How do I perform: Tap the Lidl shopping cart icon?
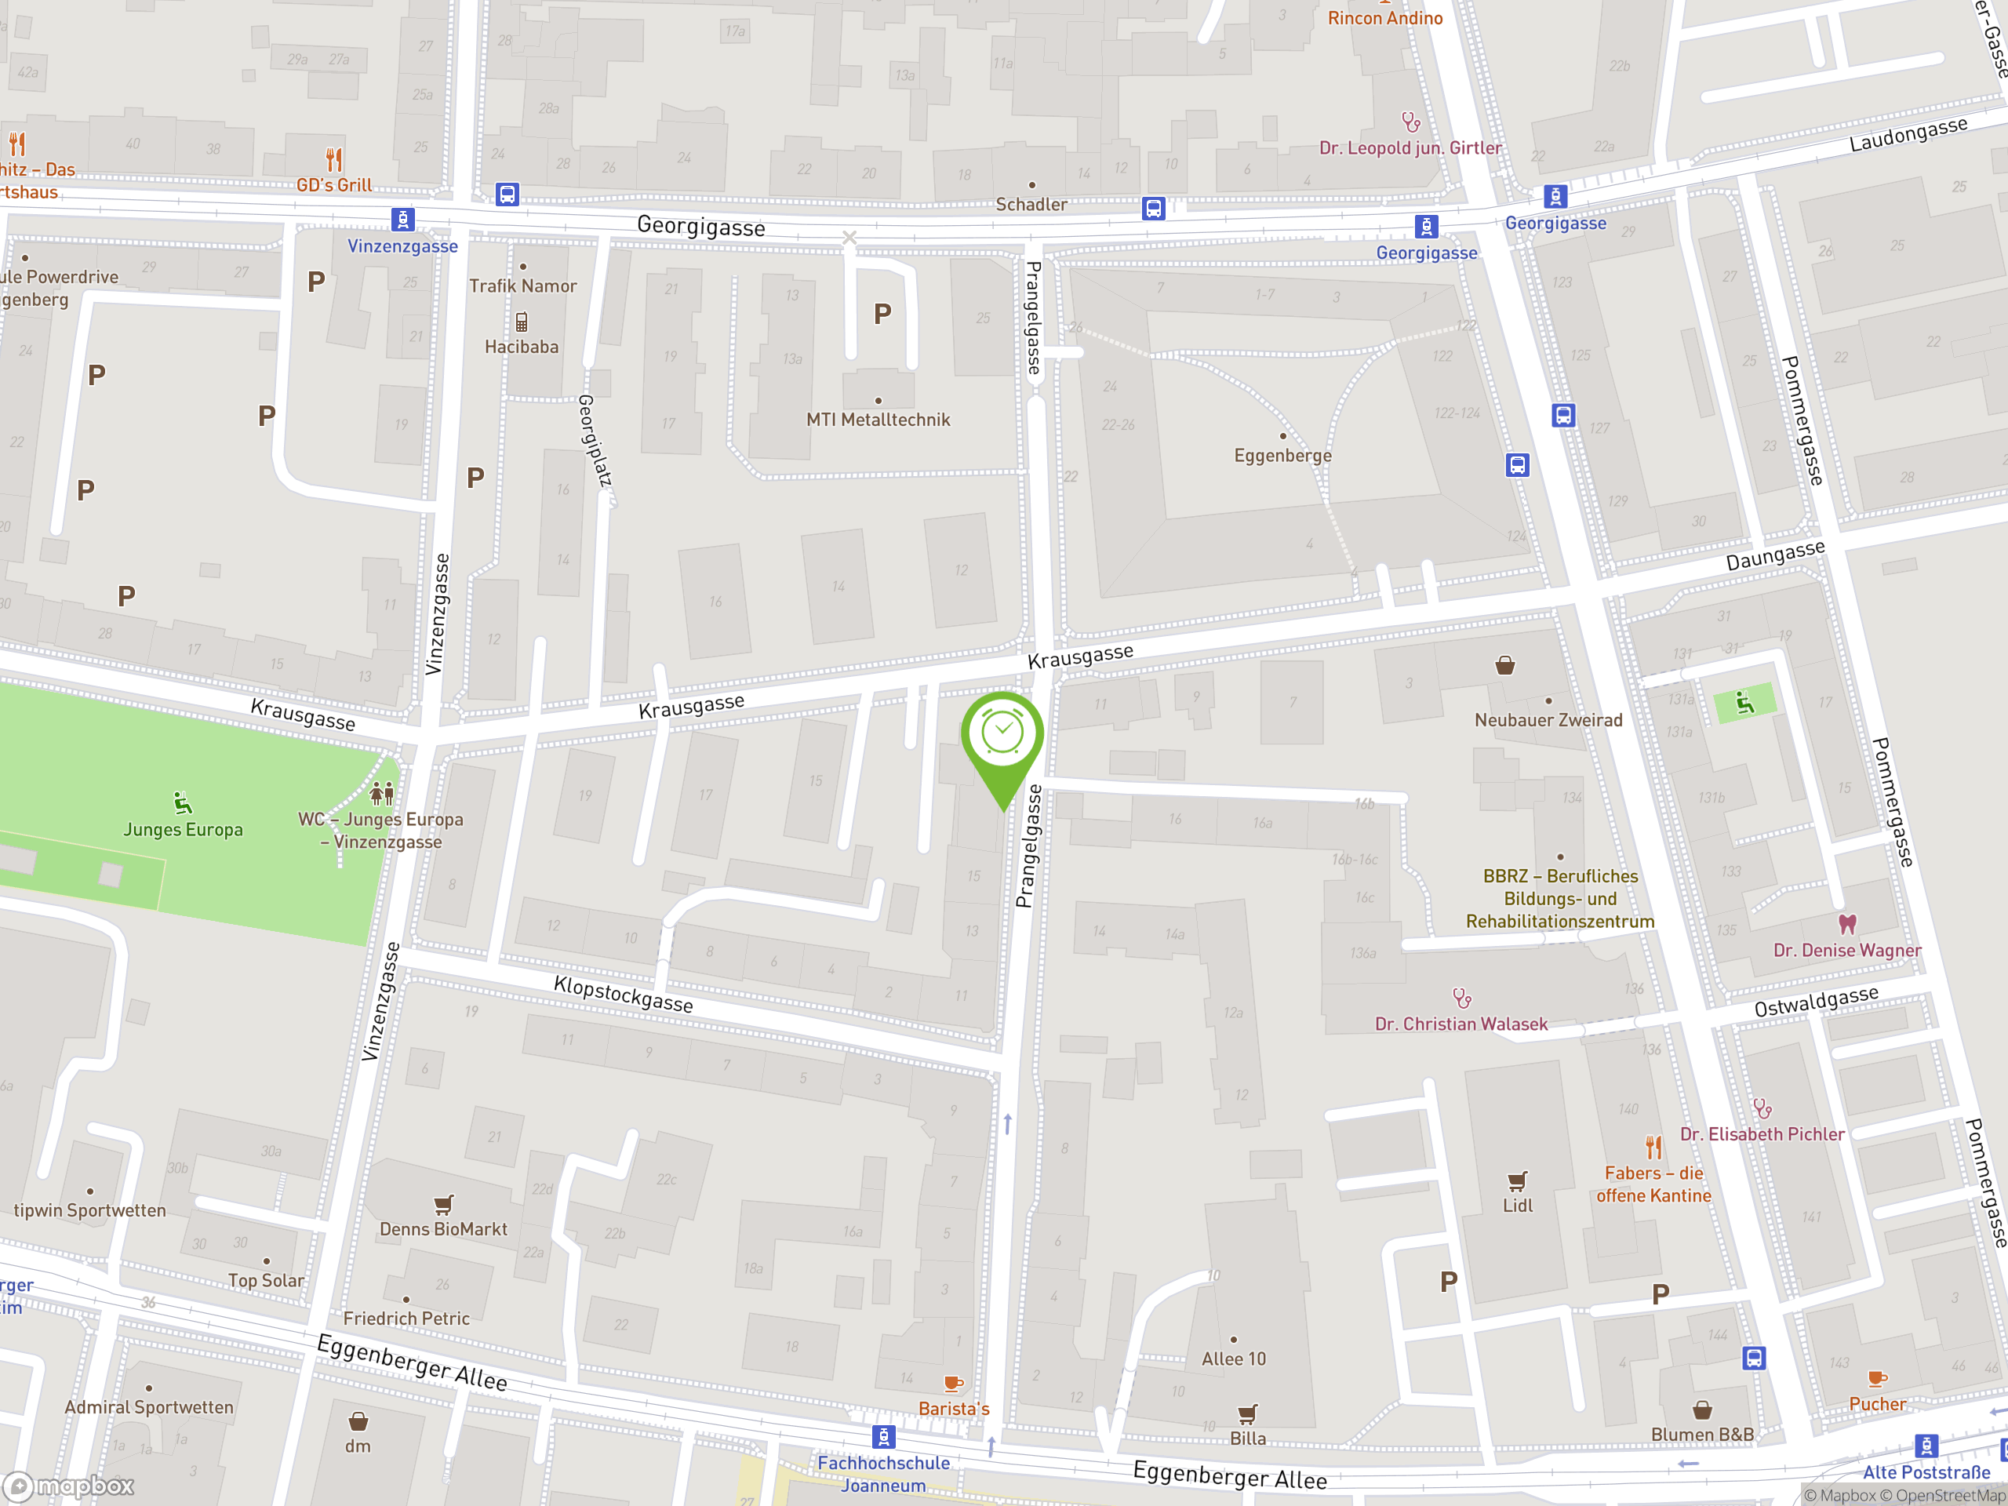[1517, 1181]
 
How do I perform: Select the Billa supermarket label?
[1247, 1438]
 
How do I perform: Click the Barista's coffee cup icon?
[952, 1384]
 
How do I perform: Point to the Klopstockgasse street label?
[623, 994]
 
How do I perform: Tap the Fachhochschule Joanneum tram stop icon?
[883, 1436]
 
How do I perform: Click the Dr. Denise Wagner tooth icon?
[1846, 924]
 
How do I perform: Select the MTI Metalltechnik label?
[878, 420]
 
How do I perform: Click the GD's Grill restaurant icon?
[334, 160]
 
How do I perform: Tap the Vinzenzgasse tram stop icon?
[402, 220]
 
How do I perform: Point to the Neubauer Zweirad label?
[1548, 720]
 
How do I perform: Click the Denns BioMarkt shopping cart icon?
[443, 1205]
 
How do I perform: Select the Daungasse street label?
[1775, 555]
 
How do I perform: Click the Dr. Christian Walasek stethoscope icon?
[1461, 999]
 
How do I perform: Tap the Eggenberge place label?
[1282, 456]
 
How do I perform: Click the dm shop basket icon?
[358, 1421]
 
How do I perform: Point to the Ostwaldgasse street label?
[1816, 1002]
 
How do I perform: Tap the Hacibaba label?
[521, 347]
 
